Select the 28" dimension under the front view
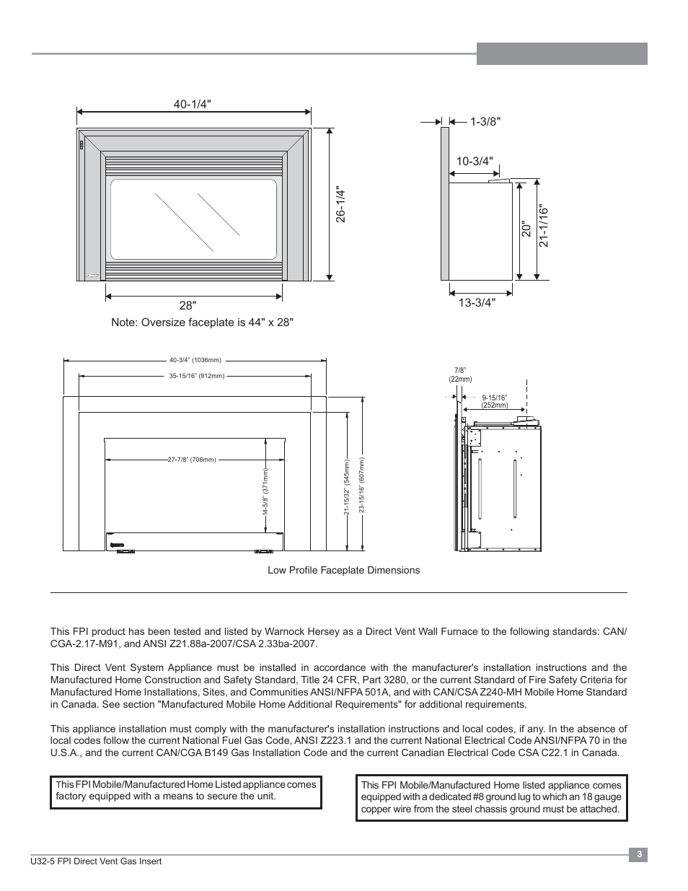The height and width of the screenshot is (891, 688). coord(188,305)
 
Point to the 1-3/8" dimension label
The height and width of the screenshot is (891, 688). coord(485,122)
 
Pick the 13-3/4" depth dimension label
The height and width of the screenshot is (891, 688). coord(477,303)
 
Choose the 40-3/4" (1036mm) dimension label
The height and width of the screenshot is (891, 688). coord(195,360)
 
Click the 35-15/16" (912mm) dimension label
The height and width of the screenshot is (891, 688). coord(197,376)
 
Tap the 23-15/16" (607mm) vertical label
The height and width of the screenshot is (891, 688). coord(361,488)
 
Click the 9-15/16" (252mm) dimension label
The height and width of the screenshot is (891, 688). coord(495,401)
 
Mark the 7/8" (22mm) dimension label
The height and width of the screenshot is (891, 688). coord(460,374)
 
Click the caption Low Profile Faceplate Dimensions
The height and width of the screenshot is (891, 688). coord(343,570)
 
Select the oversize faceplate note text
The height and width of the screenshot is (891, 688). coord(202,322)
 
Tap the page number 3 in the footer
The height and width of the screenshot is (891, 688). coord(638,855)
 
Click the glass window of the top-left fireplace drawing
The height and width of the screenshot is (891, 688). coord(193,219)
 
